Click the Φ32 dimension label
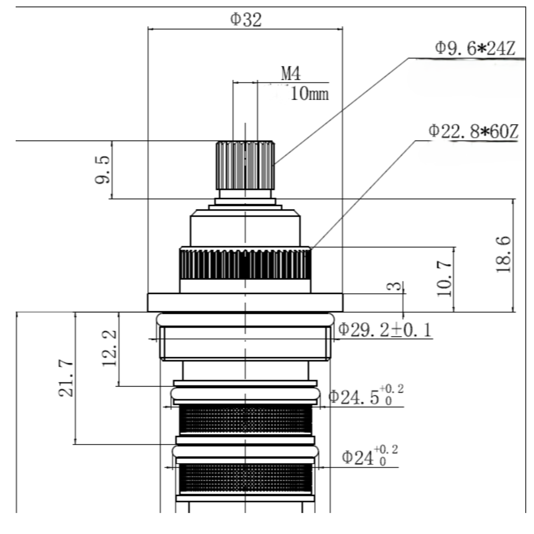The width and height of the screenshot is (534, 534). (x=246, y=19)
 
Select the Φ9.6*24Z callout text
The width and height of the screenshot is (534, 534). (x=475, y=48)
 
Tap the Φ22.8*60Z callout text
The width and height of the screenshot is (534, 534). (x=473, y=131)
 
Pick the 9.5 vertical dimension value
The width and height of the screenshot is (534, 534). (x=103, y=169)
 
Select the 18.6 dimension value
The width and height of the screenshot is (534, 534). (x=503, y=255)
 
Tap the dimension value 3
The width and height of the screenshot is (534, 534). (x=394, y=286)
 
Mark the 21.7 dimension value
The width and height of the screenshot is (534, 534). (x=66, y=378)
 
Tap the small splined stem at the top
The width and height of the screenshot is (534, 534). (x=245, y=165)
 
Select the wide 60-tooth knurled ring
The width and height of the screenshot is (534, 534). (x=245, y=263)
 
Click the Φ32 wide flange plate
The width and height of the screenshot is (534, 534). (x=245, y=302)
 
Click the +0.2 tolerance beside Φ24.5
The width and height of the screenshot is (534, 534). (x=392, y=388)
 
